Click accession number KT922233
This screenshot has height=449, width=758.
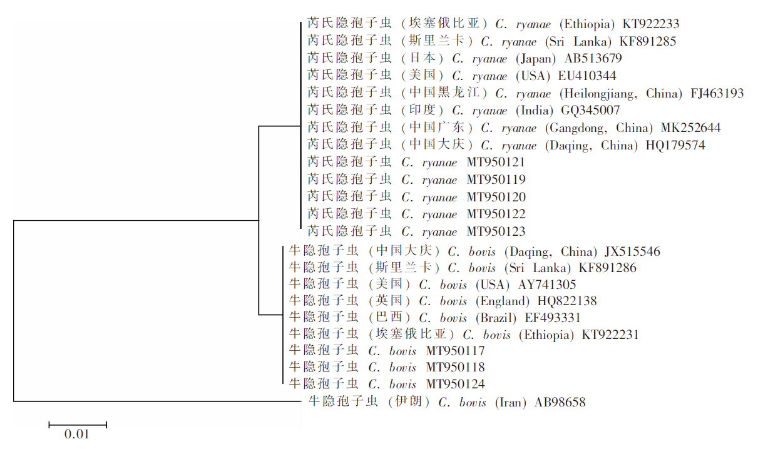pyautogui.click(x=651, y=24)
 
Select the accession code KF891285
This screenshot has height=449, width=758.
pyautogui.click(x=648, y=42)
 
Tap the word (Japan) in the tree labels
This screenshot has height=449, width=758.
pyautogui.click(x=536, y=59)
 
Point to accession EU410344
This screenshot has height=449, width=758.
pyautogui.click(x=587, y=76)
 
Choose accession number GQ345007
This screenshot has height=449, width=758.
pyautogui.click(x=590, y=110)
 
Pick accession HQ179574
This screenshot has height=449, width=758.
pyautogui.click(x=675, y=145)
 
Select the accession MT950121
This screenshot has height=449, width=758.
pyautogui.click(x=496, y=163)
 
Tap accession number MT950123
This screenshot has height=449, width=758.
pyautogui.click(x=496, y=231)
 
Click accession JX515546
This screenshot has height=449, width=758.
pyautogui.click(x=632, y=251)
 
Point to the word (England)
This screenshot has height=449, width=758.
pyautogui.click(x=503, y=301)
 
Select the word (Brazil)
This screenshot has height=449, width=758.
pyautogui.click(x=496, y=318)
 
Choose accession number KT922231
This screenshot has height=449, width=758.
pyautogui.click(x=610, y=335)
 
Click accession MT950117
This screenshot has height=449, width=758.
pyautogui.click(x=456, y=351)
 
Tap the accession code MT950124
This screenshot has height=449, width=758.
pyautogui.click(x=456, y=384)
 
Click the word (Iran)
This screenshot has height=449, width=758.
pyautogui.click(x=511, y=402)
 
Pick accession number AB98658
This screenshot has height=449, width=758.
pyautogui.click(x=560, y=402)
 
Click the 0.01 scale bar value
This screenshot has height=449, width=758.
pyautogui.click(x=77, y=434)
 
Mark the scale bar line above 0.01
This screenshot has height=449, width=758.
pyautogui.click(x=78, y=425)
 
